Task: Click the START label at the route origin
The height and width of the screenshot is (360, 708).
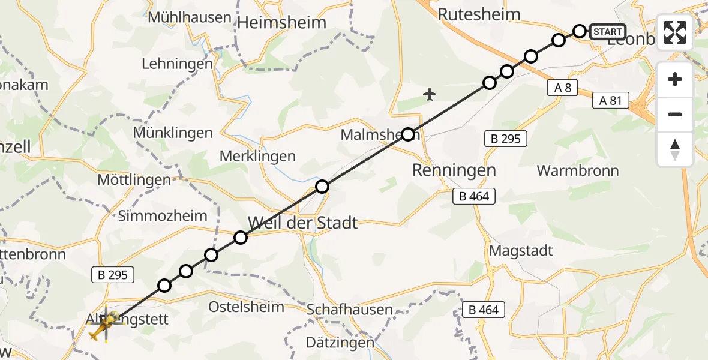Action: coord(608,31)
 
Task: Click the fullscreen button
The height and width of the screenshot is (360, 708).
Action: coord(675,32)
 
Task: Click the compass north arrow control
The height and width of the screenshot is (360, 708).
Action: coord(675,149)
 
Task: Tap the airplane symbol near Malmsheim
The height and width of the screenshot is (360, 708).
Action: coord(429,94)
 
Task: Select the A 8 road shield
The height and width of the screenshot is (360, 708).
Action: coord(562,88)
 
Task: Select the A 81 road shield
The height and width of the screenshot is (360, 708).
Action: coord(611,100)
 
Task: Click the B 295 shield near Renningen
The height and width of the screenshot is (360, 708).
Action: coord(505,139)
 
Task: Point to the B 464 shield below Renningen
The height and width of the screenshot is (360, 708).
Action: coord(474,196)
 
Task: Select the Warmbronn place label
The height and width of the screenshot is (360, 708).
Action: coord(578,170)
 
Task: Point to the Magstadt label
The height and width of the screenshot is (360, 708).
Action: coord(521,250)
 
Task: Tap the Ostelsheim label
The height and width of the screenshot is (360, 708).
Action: coord(246,307)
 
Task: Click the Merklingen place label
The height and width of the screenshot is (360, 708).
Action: coord(257,156)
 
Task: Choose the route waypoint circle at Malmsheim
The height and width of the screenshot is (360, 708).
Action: coord(408,134)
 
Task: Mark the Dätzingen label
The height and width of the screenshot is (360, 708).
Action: coord(340,343)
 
